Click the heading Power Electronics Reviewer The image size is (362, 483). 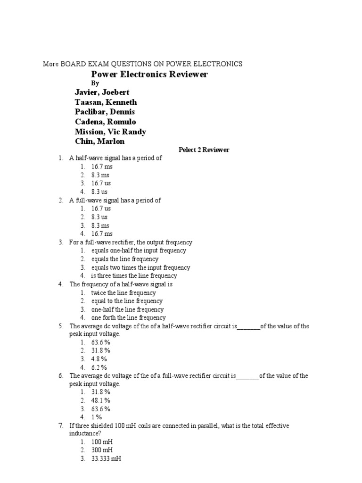[x=149, y=75]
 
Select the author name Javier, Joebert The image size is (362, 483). [x=102, y=92]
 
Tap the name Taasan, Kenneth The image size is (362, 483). [x=106, y=102]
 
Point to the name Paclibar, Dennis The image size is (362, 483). [x=105, y=112]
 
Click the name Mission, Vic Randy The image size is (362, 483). [x=110, y=132]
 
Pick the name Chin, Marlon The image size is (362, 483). [x=99, y=142]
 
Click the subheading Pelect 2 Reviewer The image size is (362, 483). [x=204, y=150]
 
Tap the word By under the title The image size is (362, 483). [x=95, y=83]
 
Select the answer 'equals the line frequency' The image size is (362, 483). [x=125, y=259]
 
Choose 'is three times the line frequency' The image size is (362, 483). [x=134, y=276]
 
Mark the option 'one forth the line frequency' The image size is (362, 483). [x=128, y=318]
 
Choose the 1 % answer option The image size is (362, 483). [x=96, y=417]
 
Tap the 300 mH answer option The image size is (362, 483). [x=102, y=450]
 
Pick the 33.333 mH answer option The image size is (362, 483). [x=106, y=459]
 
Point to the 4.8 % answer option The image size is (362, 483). [x=100, y=359]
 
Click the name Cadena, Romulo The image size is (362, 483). [x=105, y=122]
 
